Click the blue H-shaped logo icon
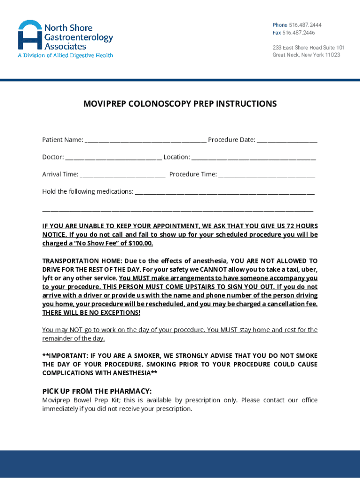(30, 35)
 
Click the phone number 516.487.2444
(305, 25)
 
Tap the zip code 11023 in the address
(333, 55)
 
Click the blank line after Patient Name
(145, 140)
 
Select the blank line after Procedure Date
(287, 140)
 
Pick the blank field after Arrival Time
(122, 175)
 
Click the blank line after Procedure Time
(266, 175)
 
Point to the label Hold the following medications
(87, 191)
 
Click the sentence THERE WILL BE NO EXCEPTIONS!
(91, 312)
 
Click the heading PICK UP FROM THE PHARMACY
(97, 391)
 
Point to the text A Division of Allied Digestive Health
(65, 55)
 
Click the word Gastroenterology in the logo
(79, 37)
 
